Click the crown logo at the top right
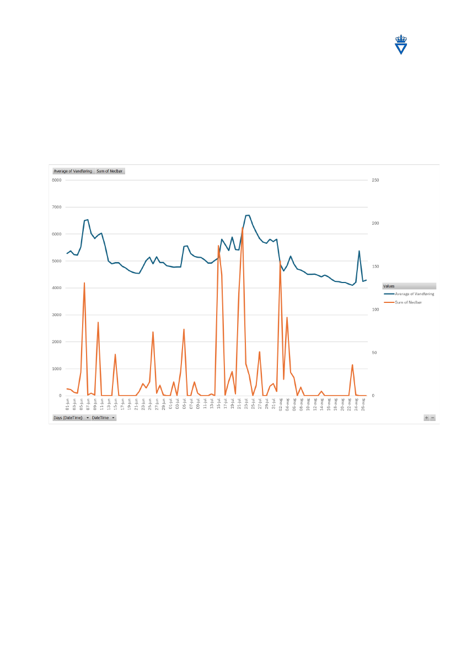402,45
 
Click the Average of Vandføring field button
73,171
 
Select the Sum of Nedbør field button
110,171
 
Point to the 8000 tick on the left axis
56,180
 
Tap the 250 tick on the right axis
375,180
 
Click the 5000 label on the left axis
56,261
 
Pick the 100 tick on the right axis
375,310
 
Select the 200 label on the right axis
375,223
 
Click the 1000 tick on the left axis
56,369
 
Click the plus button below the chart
426,418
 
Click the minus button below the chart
433,418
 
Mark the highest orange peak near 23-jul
243,227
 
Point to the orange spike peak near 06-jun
84,282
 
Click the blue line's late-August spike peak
360,251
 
